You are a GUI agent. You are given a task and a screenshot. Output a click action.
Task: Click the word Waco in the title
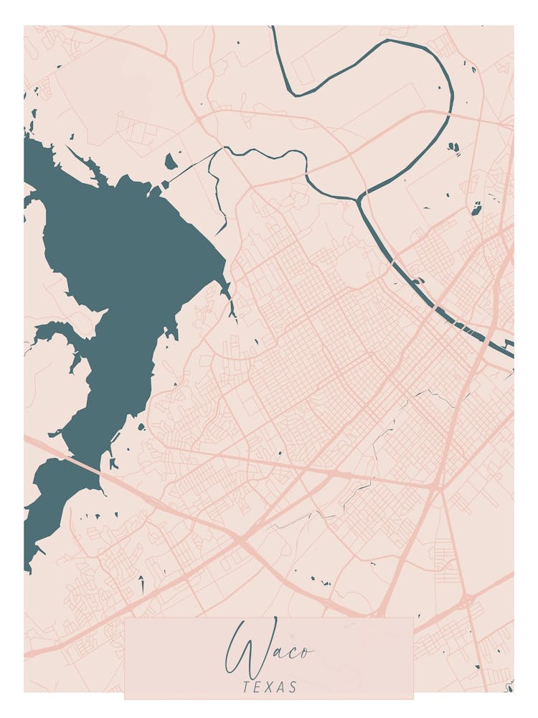268,649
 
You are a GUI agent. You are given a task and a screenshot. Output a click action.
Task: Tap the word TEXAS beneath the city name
270,687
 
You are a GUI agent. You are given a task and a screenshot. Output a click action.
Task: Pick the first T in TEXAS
246,687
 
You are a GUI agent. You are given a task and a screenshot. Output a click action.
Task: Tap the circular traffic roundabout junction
466,598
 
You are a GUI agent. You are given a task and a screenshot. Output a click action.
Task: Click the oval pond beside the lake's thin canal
171,161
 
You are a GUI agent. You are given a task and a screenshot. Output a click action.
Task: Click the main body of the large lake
129,251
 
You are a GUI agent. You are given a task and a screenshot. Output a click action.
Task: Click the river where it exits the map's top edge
273,29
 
